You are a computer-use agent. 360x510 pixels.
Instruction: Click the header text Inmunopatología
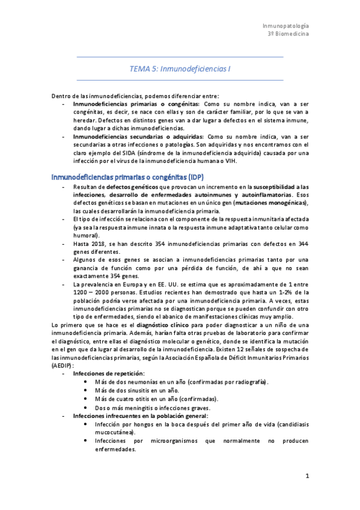[286, 26]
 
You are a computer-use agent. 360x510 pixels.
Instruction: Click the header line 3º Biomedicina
[288, 35]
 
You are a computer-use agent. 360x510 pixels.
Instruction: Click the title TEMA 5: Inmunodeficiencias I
[180, 69]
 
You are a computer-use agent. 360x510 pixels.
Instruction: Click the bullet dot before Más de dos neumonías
[89, 382]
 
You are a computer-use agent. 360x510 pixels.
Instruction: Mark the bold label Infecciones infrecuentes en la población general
[141, 416]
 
